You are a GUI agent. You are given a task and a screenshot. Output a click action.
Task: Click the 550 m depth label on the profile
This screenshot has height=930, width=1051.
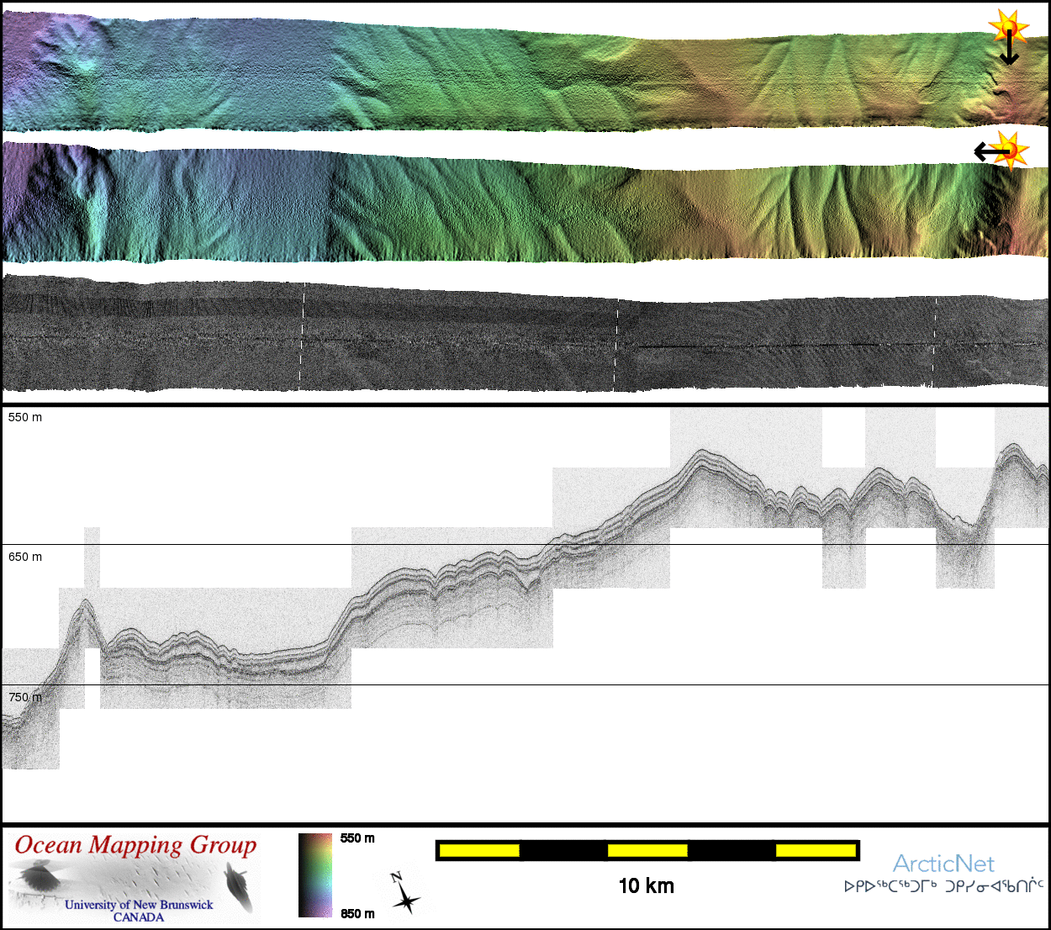[x=25, y=417]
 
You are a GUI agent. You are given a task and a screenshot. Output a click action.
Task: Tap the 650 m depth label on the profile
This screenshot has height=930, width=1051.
[x=25, y=557]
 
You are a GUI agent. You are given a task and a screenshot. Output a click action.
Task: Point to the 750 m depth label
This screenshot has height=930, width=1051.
[x=25, y=697]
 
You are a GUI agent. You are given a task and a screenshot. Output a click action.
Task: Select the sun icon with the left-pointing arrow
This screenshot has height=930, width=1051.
[x=1002, y=151]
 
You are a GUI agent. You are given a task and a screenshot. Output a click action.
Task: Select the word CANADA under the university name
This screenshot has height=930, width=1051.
[x=139, y=917]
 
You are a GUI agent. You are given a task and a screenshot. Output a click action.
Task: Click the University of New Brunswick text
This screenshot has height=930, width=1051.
[x=139, y=905]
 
